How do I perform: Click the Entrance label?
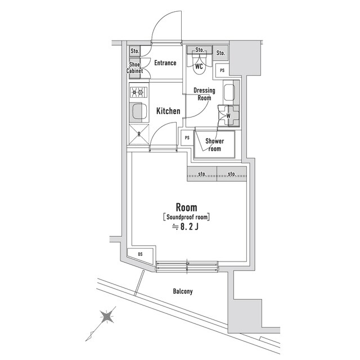coord(165,63)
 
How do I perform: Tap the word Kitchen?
coord(168,111)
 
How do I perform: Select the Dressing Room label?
coord(204,94)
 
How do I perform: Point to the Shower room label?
coord(214,145)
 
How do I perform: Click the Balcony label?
coord(182,291)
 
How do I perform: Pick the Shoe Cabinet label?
coord(135,67)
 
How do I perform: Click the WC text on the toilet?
coord(199,66)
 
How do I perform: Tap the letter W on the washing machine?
coord(228,116)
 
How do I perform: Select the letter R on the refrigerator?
coord(139,134)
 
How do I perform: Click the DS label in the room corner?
coord(140,255)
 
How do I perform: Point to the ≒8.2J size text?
coord(186,227)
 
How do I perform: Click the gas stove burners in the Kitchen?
coord(138,92)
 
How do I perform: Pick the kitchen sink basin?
coord(138,112)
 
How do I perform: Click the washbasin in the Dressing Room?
coord(230,92)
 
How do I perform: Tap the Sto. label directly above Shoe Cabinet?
coord(134,51)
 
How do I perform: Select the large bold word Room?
coord(186,206)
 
